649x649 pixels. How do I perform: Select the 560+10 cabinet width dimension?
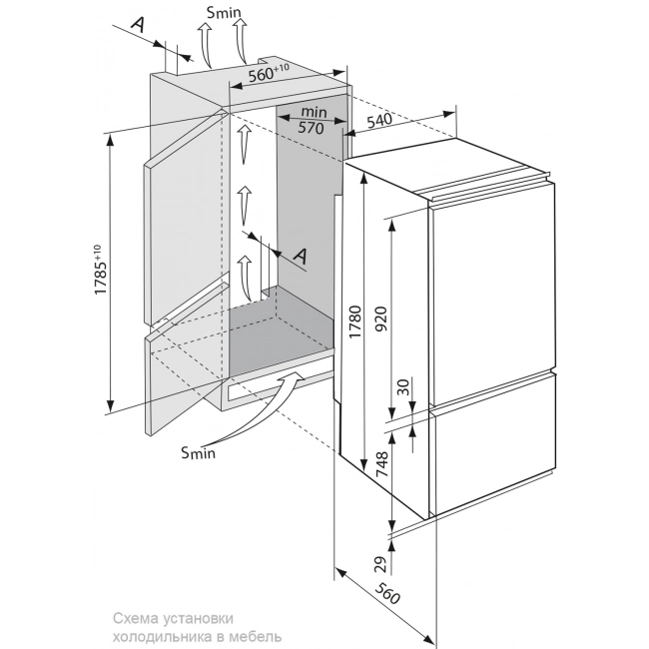pyautogui.click(x=268, y=72)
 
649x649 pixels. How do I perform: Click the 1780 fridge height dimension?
pyautogui.click(x=354, y=319)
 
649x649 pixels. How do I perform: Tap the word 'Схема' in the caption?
pyautogui.click(x=135, y=617)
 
